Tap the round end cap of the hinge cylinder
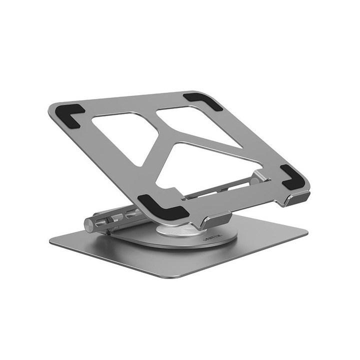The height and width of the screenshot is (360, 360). point(89,224)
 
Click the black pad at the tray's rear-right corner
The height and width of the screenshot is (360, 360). point(202,100)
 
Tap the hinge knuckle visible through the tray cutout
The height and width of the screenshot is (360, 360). point(259,176)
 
